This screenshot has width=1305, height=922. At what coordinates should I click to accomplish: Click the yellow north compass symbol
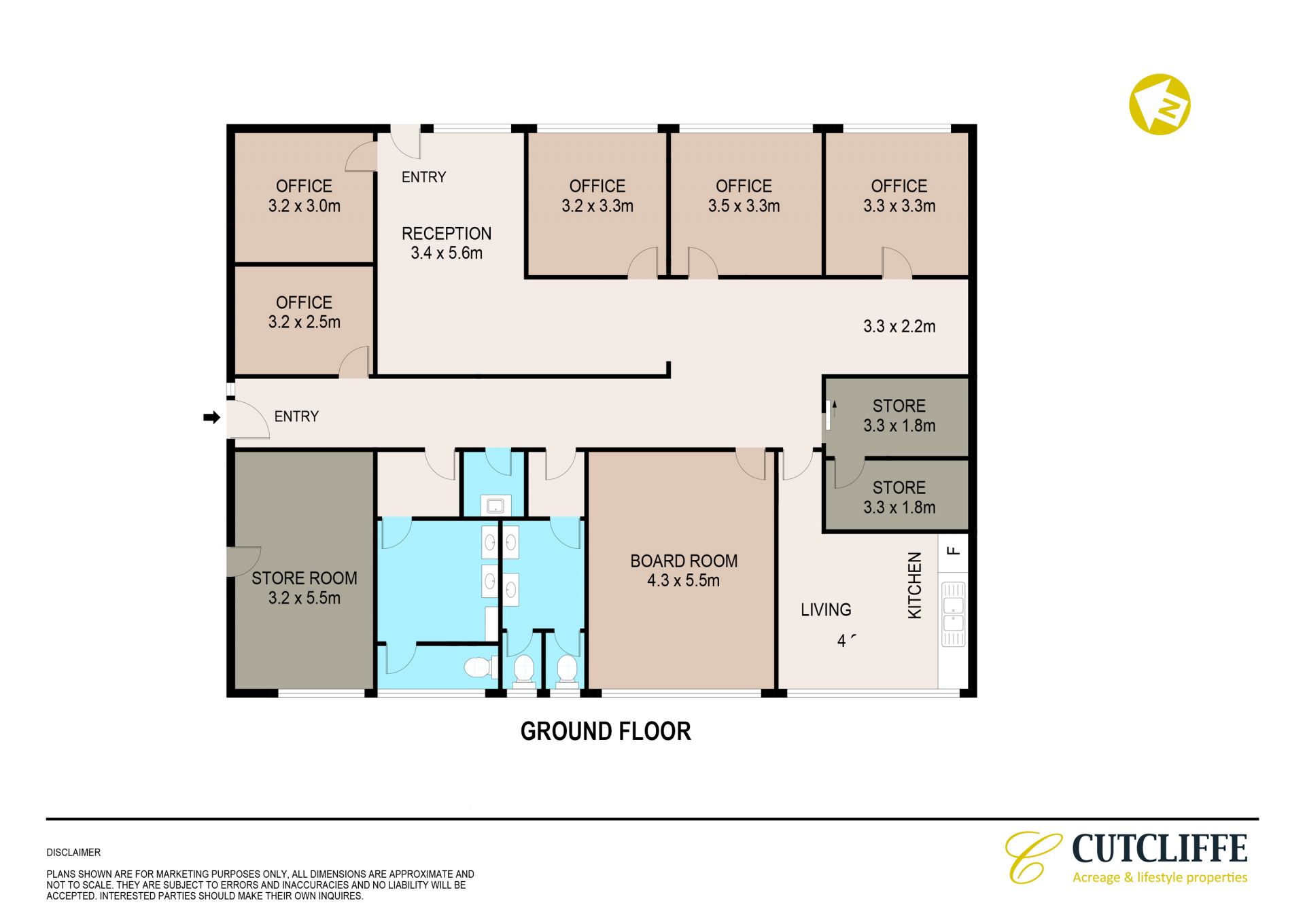[x=1160, y=105]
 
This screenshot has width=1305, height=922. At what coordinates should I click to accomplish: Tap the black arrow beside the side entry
[x=212, y=417]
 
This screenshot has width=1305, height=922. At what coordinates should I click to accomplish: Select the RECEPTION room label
[x=447, y=234]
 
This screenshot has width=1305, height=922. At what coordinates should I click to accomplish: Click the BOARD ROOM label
[x=684, y=561]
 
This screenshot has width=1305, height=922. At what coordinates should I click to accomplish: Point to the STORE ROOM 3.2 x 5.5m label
[x=304, y=588]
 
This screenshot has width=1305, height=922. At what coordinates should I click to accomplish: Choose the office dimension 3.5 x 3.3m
[x=744, y=206]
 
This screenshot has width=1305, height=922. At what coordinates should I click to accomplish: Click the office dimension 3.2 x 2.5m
[x=304, y=322]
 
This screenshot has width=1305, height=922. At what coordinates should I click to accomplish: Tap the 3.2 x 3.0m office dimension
[x=304, y=206]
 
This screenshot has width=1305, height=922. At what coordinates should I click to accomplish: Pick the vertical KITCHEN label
[x=915, y=586]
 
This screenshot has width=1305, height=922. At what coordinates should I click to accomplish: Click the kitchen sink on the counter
[x=953, y=614]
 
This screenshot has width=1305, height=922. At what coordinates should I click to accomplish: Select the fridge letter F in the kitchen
[x=954, y=550]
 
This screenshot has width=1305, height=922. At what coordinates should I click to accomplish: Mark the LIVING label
[x=826, y=610]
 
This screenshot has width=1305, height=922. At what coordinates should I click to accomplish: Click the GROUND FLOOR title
[x=606, y=732]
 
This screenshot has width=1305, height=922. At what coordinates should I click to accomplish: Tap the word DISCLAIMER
[x=73, y=853]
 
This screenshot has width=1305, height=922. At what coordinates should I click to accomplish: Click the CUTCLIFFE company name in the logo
[x=1160, y=849]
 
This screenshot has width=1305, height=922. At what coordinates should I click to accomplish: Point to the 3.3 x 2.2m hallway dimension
[x=899, y=327]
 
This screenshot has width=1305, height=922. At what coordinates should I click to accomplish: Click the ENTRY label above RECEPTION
[x=423, y=177]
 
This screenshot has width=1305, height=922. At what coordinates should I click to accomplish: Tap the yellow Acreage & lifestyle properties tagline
[x=1160, y=878]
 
